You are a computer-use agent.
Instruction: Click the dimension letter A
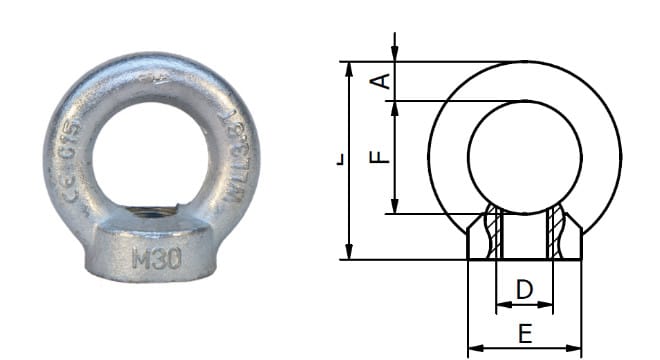[x=381, y=80]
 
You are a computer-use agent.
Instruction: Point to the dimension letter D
[x=524, y=290]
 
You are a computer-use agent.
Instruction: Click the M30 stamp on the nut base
[x=156, y=259]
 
